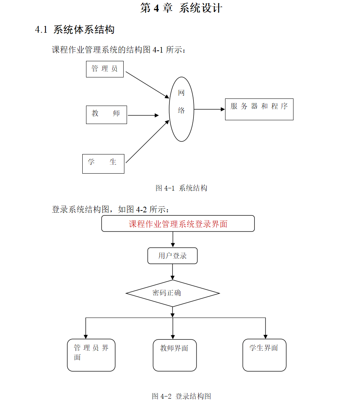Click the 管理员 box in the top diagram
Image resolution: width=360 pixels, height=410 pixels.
coord(105,69)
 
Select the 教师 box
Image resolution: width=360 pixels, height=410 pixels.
coord(106,115)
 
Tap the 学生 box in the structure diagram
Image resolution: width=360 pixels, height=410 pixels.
coord(103,163)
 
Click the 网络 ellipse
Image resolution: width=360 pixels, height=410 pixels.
coord(182,109)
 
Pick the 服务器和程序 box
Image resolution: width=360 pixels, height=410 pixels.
coord(259,109)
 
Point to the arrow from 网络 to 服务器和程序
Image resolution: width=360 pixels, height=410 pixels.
coord(209,109)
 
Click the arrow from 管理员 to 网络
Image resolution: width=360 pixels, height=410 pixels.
coord(147,85)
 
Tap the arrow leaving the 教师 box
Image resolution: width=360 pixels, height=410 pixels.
coord(143,115)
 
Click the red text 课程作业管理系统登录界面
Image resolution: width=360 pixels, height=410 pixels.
coord(178,224)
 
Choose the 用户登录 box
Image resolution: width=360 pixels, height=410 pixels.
coord(172,256)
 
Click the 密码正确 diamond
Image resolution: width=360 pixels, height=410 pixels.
coord(172,293)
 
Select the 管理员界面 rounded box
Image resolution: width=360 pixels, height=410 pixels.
coord(91,355)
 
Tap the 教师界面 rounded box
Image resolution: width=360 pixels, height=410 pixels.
coord(174,355)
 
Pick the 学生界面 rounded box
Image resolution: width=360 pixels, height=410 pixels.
coord(264,355)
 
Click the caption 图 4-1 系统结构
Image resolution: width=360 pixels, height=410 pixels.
coord(182,188)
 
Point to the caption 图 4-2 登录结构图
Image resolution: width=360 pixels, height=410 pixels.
coord(182,396)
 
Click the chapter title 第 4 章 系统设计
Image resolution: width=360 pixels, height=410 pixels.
coord(181,8)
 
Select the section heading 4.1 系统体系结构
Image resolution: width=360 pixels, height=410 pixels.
coord(75,30)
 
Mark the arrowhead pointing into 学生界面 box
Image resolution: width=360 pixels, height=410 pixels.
coord(265,336)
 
